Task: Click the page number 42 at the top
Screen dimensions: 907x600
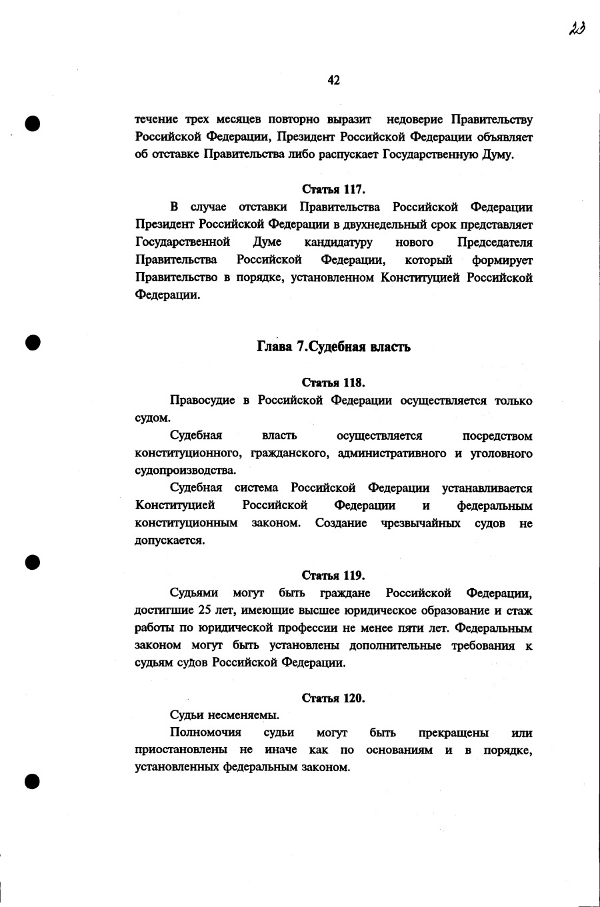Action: click(x=334, y=81)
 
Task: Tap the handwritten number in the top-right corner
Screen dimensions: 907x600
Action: click(x=577, y=29)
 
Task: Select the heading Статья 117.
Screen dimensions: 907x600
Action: click(x=333, y=189)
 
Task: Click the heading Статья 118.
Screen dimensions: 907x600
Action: click(x=333, y=383)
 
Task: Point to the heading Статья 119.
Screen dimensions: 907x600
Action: click(x=333, y=575)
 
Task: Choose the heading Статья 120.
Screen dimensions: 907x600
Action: click(x=333, y=698)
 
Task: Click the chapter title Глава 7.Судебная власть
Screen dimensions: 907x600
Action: click(x=333, y=347)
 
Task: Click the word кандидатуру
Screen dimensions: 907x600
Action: click(x=339, y=242)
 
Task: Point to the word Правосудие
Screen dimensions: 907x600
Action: click(x=203, y=401)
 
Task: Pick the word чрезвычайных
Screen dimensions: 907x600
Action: click(x=421, y=523)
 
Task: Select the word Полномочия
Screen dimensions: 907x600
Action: click(x=205, y=732)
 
